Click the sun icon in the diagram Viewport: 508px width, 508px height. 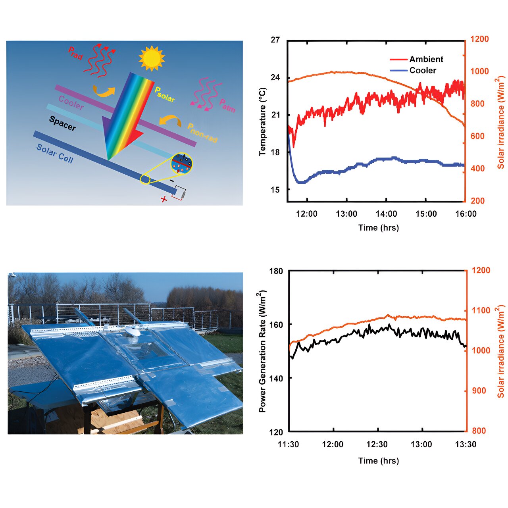(x=152, y=58)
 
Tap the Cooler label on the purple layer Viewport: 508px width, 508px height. (x=71, y=103)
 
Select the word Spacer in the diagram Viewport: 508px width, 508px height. (x=62, y=123)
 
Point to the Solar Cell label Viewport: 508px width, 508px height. (x=55, y=154)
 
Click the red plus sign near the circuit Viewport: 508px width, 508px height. (x=164, y=199)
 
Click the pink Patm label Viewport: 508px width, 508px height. (x=227, y=106)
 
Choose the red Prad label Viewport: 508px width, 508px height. (x=75, y=53)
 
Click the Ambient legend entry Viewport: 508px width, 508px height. (x=426, y=59)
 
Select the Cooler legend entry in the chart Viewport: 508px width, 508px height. (x=422, y=70)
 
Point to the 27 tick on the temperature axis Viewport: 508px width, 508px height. (x=275, y=40)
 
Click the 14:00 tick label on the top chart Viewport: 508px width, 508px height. (x=386, y=214)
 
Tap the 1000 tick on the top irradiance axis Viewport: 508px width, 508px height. (x=479, y=71)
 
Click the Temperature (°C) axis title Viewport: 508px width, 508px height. (x=263, y=121)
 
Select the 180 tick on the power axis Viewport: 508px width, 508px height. (x=276, y=271)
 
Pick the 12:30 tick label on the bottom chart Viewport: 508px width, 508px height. (x=377, y=444)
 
